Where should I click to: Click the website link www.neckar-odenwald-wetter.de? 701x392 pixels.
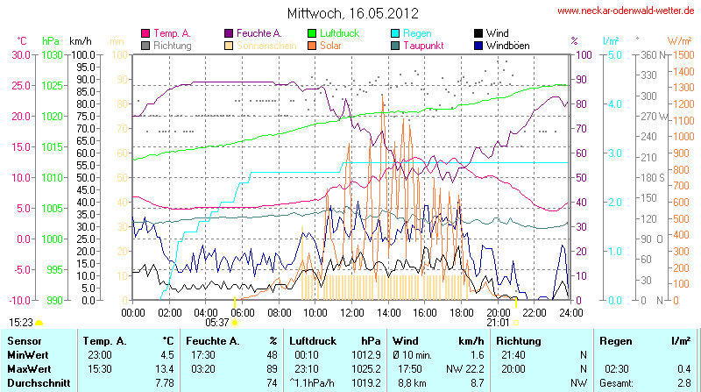626,11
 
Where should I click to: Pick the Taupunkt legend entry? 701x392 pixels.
428,46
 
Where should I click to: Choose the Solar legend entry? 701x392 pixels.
330,46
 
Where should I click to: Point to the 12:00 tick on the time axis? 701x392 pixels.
352,312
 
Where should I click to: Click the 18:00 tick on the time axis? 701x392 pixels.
461,312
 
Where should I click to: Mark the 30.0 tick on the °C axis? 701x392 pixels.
19,54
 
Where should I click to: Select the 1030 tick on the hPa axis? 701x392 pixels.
53,54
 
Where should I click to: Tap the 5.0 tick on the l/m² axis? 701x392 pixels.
615,54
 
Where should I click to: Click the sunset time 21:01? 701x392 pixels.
499,323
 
